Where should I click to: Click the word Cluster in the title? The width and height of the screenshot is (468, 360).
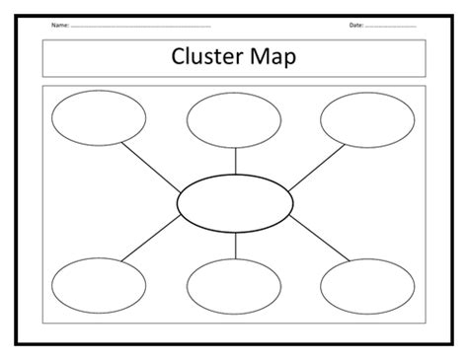click(x=208, y=58)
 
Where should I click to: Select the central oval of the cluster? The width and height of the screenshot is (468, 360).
click(x=234, y=200)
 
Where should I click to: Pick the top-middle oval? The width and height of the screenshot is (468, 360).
click(x=234, y=121)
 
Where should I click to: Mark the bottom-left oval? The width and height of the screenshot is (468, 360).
click(x=99, y=286)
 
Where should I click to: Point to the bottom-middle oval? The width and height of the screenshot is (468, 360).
click(x=234, y=286)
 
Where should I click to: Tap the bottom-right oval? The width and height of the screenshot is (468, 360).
click(x=367, y=286)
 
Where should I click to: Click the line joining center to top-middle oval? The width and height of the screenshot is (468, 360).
click(x=234, y=160)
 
